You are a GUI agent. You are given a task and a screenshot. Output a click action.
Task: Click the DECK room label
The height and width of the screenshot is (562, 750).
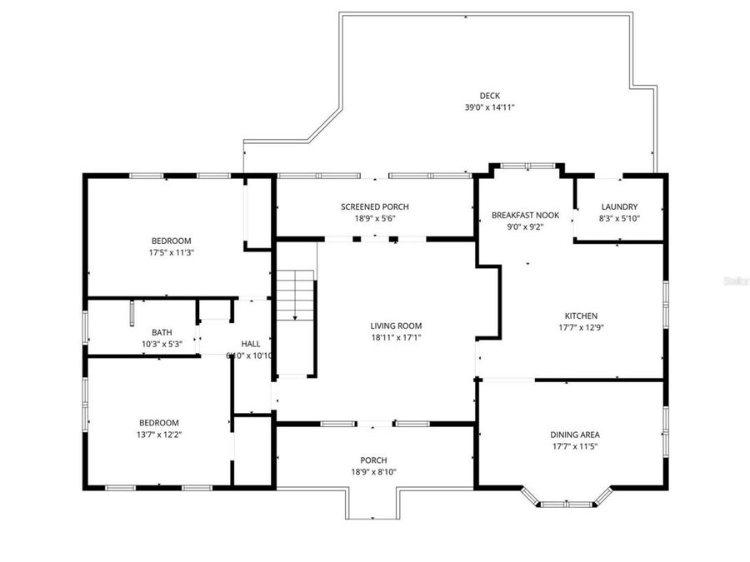coord(489,96)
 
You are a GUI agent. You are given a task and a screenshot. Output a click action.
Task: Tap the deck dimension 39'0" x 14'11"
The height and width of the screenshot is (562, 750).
coord(489,107)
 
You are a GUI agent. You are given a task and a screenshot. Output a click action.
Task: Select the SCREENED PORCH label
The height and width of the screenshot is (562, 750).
coord(374,206)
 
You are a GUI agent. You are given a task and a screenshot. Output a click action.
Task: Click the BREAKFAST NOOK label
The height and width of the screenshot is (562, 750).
coord(525,215)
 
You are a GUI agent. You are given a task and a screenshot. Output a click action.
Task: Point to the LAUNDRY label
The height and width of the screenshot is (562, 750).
coord(619,206)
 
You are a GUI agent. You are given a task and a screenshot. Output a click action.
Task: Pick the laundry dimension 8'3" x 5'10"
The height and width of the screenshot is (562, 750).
coord(619,218)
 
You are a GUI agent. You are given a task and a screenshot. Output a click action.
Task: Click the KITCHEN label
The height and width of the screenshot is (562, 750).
coord(581,316)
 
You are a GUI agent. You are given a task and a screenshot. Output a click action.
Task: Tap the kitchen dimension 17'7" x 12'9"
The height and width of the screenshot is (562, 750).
coord(581,327)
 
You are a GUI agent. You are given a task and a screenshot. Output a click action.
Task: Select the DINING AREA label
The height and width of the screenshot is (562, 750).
coord(574,435)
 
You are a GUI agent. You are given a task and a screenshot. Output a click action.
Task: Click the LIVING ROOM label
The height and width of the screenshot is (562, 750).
coord(396,326)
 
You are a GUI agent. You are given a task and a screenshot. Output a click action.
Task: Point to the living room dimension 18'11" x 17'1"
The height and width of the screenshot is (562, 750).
coord(396,337)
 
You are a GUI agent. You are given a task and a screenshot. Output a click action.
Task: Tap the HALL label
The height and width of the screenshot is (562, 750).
coord(251,343)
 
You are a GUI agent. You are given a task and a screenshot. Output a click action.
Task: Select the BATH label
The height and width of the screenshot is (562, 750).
coord(162,332)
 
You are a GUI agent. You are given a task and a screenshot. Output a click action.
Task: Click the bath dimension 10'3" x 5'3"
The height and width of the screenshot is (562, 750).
coord(162,344)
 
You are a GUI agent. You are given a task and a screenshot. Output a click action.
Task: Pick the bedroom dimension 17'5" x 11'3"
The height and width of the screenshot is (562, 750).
coord(171,251)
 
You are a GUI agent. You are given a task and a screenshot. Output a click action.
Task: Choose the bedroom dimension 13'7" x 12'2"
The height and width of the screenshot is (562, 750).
coord(158,435)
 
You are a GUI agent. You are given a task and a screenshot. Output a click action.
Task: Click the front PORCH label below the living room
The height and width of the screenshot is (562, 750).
coord(373,460)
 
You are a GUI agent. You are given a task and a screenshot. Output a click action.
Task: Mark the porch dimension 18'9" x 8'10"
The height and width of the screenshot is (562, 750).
coord(373,472)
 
